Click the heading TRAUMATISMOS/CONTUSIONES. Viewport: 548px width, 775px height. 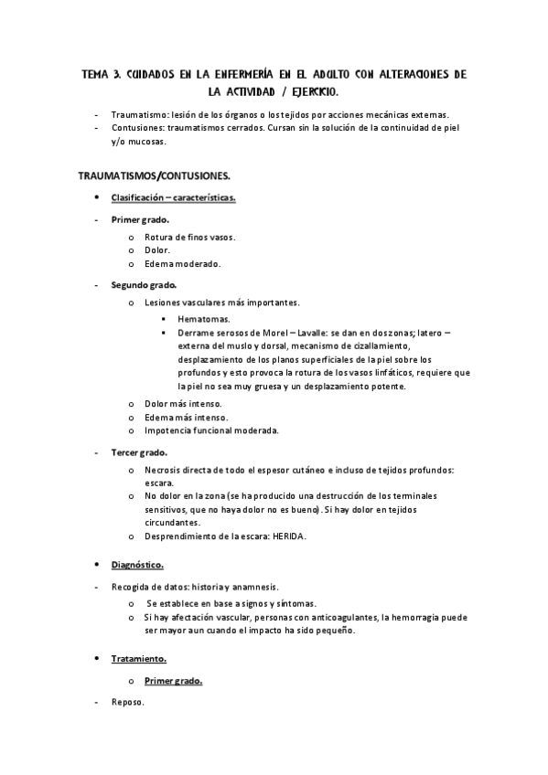pyautogui.click(x=154, y=175)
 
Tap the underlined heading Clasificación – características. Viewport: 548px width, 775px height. pyautogui.click(x=173, y=197)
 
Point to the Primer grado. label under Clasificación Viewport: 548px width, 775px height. pyautogui.click(x=140, y=220)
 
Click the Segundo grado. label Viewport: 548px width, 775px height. pyautogui.click(x=145, y=285)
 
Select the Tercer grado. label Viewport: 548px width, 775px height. pyautogui.click(x=139, y=452)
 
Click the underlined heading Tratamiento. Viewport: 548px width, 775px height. pyautogui.click(x=139, y=658)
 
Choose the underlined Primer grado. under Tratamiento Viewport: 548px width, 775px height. pyautogui.click(x=173, y=681)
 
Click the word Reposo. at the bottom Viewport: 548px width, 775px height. pyautogui.click(x=128, y=703)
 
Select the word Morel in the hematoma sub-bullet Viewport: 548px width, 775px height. pyautogui.click(x=262, y=334)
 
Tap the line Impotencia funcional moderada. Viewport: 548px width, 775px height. pyautogui.click(x=211, y=430)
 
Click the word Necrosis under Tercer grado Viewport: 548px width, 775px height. pyautogui.click(x=163, y=470)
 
